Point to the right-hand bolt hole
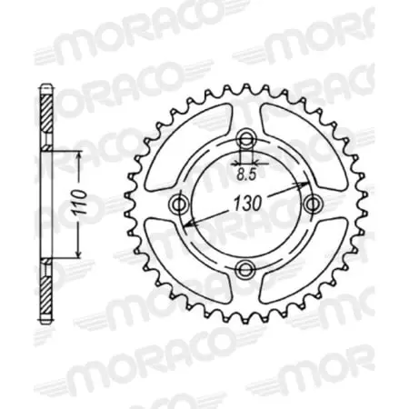point(312,203)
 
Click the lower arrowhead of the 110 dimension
point(80,254)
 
